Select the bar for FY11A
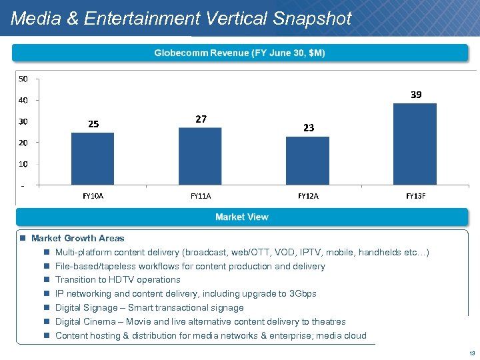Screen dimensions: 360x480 click(x=200, y=156)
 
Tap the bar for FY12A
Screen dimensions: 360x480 click(x=307, y=161)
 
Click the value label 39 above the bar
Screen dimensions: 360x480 click(x=415, y=95)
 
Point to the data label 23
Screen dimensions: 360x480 click(x=308, y=127)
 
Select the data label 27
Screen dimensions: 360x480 click(x=201, y=119)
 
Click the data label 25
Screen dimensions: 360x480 click(x=93, y=124)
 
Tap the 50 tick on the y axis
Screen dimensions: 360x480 click(x=23, y=79)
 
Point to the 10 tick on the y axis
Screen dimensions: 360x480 click(x=23, y=163)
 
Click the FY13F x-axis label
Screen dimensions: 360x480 click(x=415, y=197)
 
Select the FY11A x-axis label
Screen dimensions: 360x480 click(x=201, y=197)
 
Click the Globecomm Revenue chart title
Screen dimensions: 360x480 click(x=240, y=53)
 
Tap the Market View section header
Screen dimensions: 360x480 click(x=241, y=217)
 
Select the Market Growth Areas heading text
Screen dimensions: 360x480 click(x=77, y=238)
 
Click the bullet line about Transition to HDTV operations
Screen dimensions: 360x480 click(x=117, y=279)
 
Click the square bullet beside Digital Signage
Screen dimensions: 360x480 click(x=47, y=308)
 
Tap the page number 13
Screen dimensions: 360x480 click(x=470, y=353)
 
